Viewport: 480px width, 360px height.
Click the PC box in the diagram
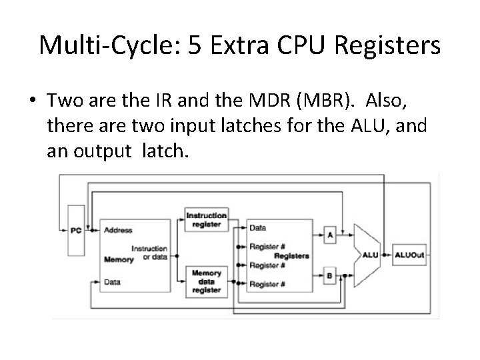point(77,231)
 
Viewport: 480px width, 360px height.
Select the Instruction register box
point(207,219)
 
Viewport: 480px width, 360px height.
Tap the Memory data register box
point(207,281)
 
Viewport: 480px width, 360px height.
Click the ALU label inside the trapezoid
point(371,255)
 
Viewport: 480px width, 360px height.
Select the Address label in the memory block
point(118,231)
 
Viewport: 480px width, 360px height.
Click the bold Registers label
point(291,255)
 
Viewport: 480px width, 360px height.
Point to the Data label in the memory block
point(112,282)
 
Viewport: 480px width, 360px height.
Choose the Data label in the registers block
point(257,228)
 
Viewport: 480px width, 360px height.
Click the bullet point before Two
point(32,101)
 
